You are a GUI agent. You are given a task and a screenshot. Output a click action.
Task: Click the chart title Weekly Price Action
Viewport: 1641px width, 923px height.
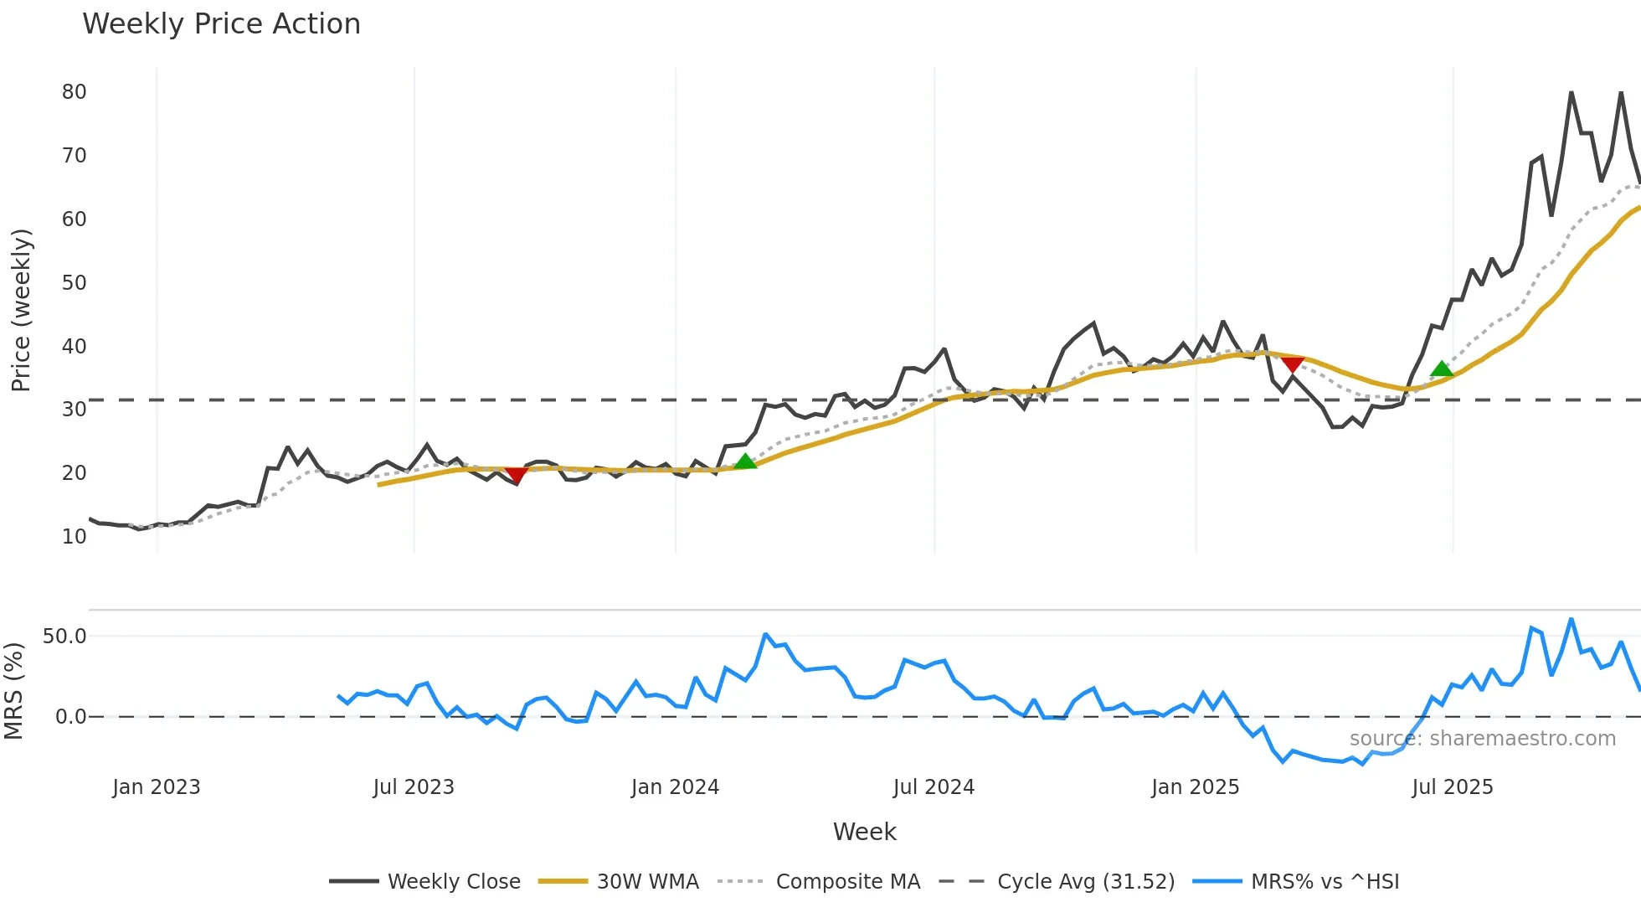tap(221, 24)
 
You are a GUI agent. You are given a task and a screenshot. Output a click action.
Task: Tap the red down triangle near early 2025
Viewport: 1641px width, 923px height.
tap(1293, 364)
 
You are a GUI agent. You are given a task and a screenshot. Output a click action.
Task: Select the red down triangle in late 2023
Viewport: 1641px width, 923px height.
tap(517, 476)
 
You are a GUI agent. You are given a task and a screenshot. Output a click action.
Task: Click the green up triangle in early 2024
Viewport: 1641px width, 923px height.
tap(745, 461)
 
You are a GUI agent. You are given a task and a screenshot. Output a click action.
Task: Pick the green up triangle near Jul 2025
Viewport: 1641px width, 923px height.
tap(1441, 369)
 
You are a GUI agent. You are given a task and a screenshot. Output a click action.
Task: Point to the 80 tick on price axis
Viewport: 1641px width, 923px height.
tap(74, 92)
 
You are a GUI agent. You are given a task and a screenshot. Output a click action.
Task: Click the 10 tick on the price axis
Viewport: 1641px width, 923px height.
tap(74, 537)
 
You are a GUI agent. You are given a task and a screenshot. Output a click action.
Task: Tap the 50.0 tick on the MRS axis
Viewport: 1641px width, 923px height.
tap(64, 637)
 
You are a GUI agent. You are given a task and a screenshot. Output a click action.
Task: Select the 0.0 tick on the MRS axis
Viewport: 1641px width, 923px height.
tap(70, 717)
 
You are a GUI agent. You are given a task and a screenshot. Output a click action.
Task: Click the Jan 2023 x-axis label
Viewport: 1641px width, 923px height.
tap(157, 787)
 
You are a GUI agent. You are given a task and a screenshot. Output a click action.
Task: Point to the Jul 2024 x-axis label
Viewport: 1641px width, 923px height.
tap(934, 787)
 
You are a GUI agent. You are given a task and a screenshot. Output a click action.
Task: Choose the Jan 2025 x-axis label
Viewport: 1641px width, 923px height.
tap(1195, 787)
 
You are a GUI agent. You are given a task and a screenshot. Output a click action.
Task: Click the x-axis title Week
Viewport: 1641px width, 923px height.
tap(864, 832)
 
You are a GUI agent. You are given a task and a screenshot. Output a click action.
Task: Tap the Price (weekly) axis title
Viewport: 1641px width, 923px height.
tap(21, 310)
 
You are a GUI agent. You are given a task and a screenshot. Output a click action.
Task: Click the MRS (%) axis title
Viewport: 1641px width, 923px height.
tap(13, 691)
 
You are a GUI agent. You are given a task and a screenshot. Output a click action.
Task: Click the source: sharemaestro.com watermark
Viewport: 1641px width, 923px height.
tap(1482, 739)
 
